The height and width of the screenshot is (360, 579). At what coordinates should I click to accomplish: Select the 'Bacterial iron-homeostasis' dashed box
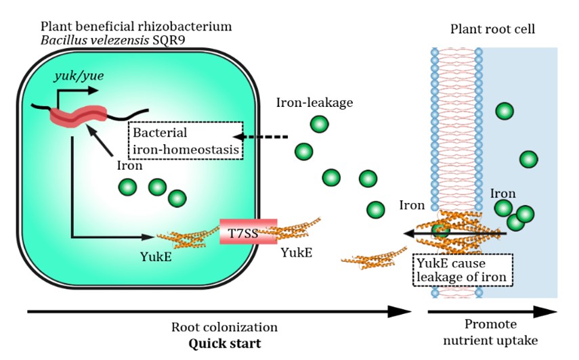186,140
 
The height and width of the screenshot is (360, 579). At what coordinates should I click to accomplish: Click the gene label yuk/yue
79,75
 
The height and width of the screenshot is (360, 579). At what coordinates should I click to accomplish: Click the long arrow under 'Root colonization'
217,312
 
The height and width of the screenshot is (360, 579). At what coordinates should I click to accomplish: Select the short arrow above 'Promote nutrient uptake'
492,312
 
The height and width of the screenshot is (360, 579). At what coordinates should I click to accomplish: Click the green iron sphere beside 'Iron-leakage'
320,124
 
